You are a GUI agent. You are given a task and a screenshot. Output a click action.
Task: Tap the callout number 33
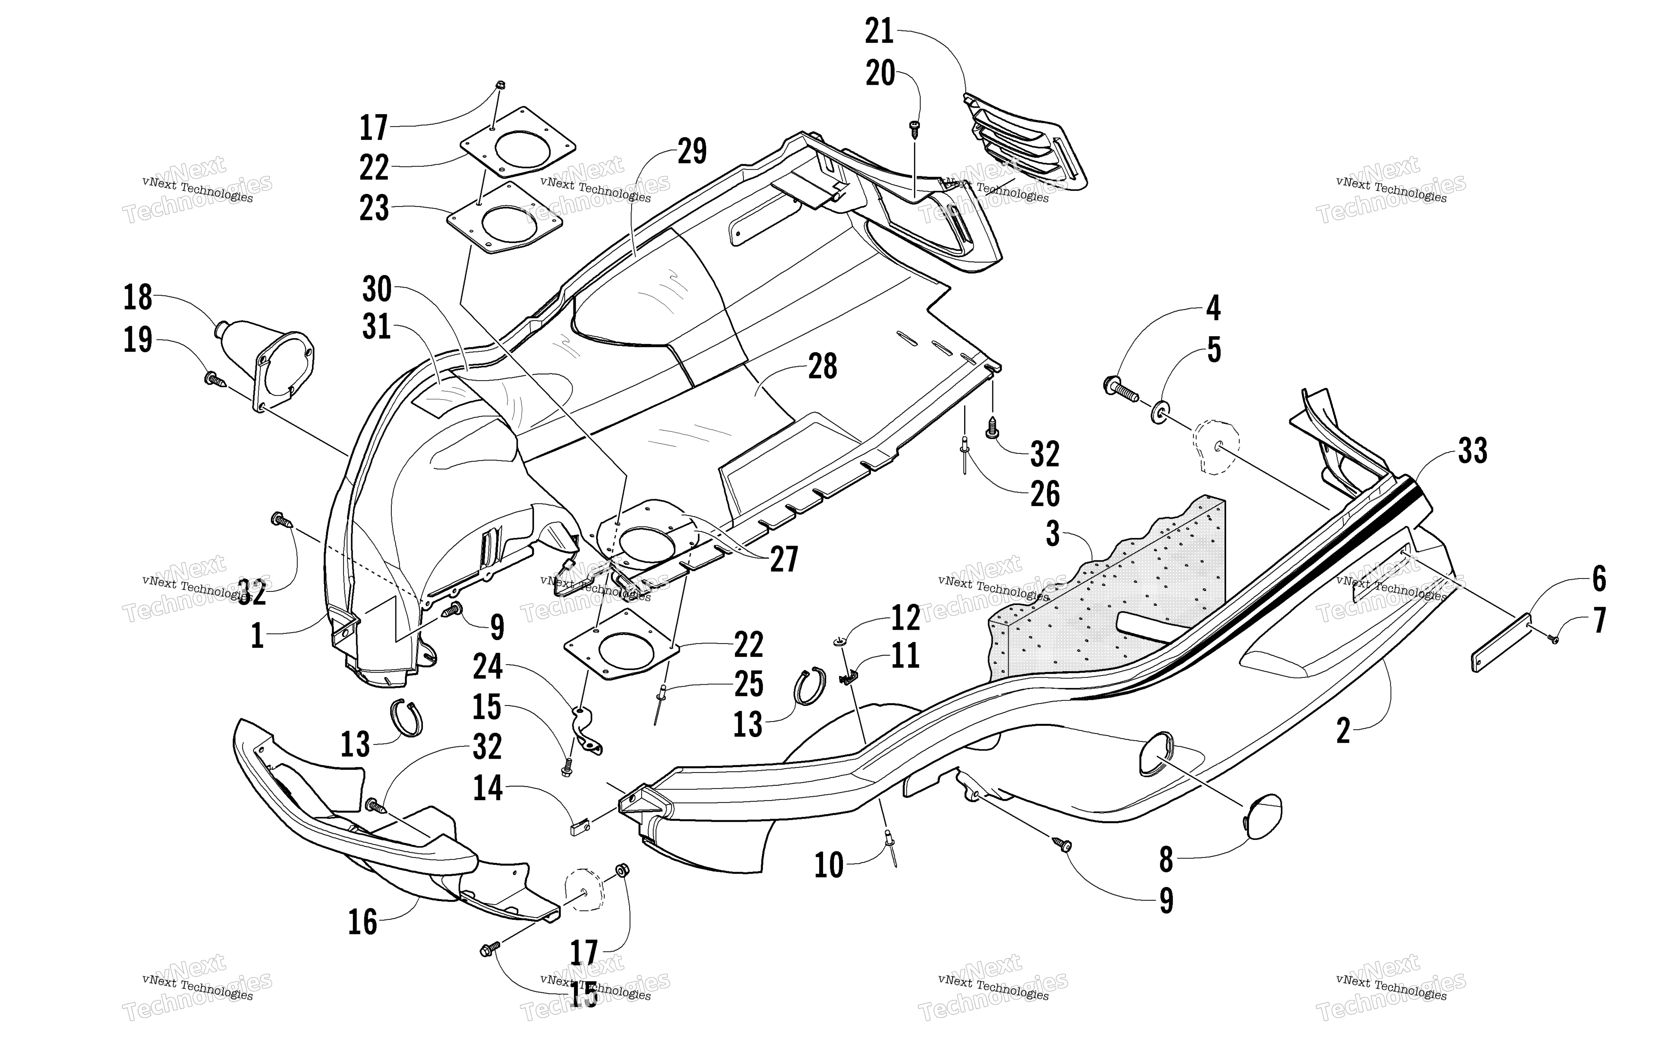coord(1472,451)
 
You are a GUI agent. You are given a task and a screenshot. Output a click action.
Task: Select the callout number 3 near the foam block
coord(1053,534)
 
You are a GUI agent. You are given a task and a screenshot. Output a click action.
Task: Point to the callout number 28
coord(822,367)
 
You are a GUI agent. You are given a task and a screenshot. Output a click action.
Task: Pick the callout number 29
coord(692,151)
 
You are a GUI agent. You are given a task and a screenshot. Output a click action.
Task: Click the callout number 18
coord(137,297)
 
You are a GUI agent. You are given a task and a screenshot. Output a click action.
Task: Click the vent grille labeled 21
coord(1024,142)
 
